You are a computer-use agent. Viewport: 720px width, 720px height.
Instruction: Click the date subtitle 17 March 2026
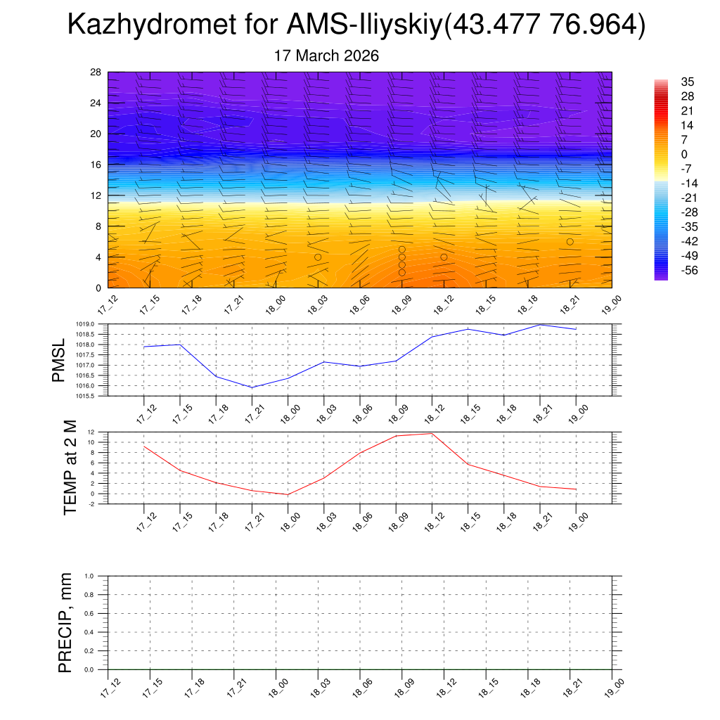click(327, 56)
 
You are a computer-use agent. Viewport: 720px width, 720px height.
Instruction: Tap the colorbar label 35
click(688, 82)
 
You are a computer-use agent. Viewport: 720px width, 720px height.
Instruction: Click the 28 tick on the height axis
click(95, 72)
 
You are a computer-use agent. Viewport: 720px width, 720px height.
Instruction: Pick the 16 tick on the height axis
click(95, 165)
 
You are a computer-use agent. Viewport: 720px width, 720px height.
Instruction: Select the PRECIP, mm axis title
click(65, 622)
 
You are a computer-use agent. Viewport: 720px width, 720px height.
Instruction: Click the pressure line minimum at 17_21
click(252, 387)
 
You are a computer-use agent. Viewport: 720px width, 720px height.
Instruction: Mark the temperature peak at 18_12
click(431, 433)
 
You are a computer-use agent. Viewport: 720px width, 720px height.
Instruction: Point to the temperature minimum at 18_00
click(288, 494)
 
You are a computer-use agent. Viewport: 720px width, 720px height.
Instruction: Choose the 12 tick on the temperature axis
click(91, 432)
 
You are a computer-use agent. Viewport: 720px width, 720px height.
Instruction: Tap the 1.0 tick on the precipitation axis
click(89, 576)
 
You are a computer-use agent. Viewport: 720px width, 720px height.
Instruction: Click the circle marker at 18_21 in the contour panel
click(570, 241)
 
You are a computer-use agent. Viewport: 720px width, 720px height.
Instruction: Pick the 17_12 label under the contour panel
click(108, 304)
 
